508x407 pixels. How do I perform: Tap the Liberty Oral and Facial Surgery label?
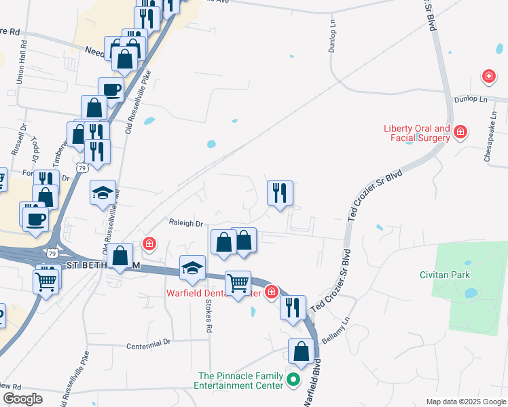coord(417,134)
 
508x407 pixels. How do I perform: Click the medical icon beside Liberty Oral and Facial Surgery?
coord(460,131)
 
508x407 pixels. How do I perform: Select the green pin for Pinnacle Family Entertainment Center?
coord(293,380)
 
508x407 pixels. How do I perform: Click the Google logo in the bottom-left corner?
coord(22,399)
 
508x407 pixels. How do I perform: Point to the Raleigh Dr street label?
coord(186,223)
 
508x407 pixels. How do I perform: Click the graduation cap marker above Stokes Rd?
coord(192,267)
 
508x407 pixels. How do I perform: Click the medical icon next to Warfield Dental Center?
coord(271,292)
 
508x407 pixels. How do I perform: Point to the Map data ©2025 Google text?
coord(465,402)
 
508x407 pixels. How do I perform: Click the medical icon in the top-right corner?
coord(488,77)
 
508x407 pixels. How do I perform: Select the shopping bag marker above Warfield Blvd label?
coord(301,351)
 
